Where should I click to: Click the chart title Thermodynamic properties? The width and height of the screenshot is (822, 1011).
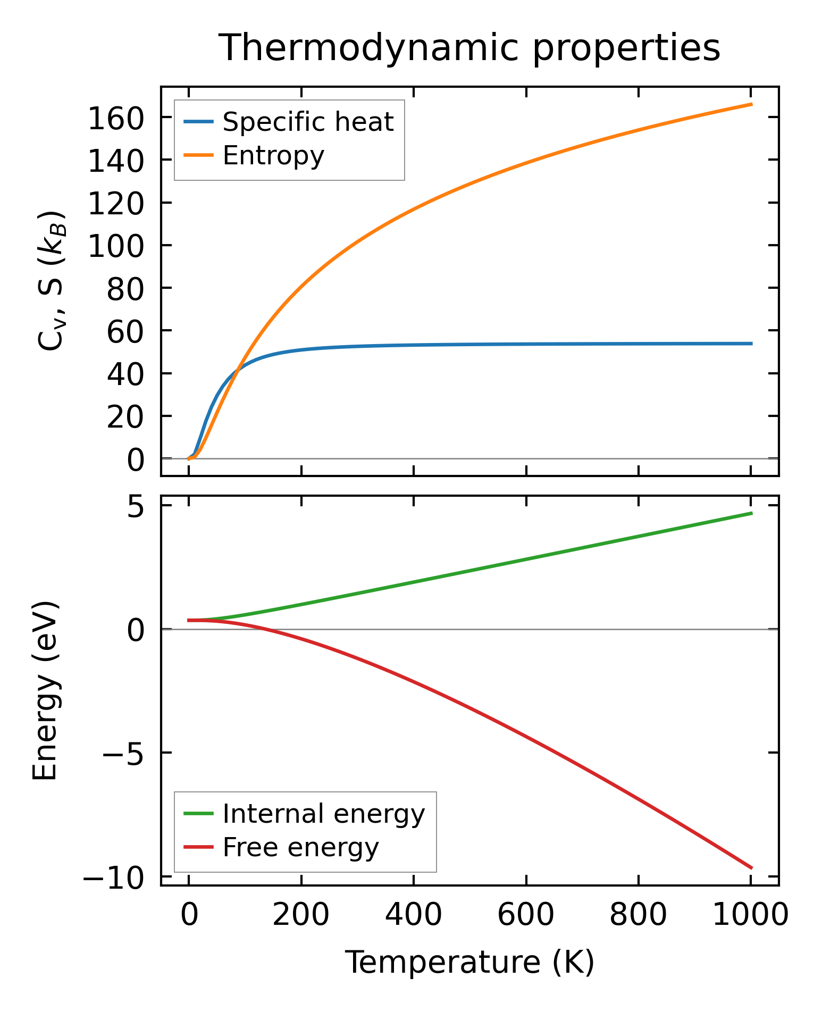click(469, 48)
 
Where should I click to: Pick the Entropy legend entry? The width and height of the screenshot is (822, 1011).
click(273, 156)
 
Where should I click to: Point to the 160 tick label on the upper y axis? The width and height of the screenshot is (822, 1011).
click(115, 119)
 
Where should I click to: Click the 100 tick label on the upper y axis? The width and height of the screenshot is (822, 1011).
click(115, 246)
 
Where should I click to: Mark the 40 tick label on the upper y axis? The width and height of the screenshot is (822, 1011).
click(125, 374)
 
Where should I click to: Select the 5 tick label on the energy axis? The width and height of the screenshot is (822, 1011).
click(135, 507)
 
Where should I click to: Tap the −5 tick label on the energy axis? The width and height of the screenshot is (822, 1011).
click(122, 754)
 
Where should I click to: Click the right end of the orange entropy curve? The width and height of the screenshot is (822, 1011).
click(752, 104)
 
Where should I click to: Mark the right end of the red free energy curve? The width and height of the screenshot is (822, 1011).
click(752, 868)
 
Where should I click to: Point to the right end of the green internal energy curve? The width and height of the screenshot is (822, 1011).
click(752, 513)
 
